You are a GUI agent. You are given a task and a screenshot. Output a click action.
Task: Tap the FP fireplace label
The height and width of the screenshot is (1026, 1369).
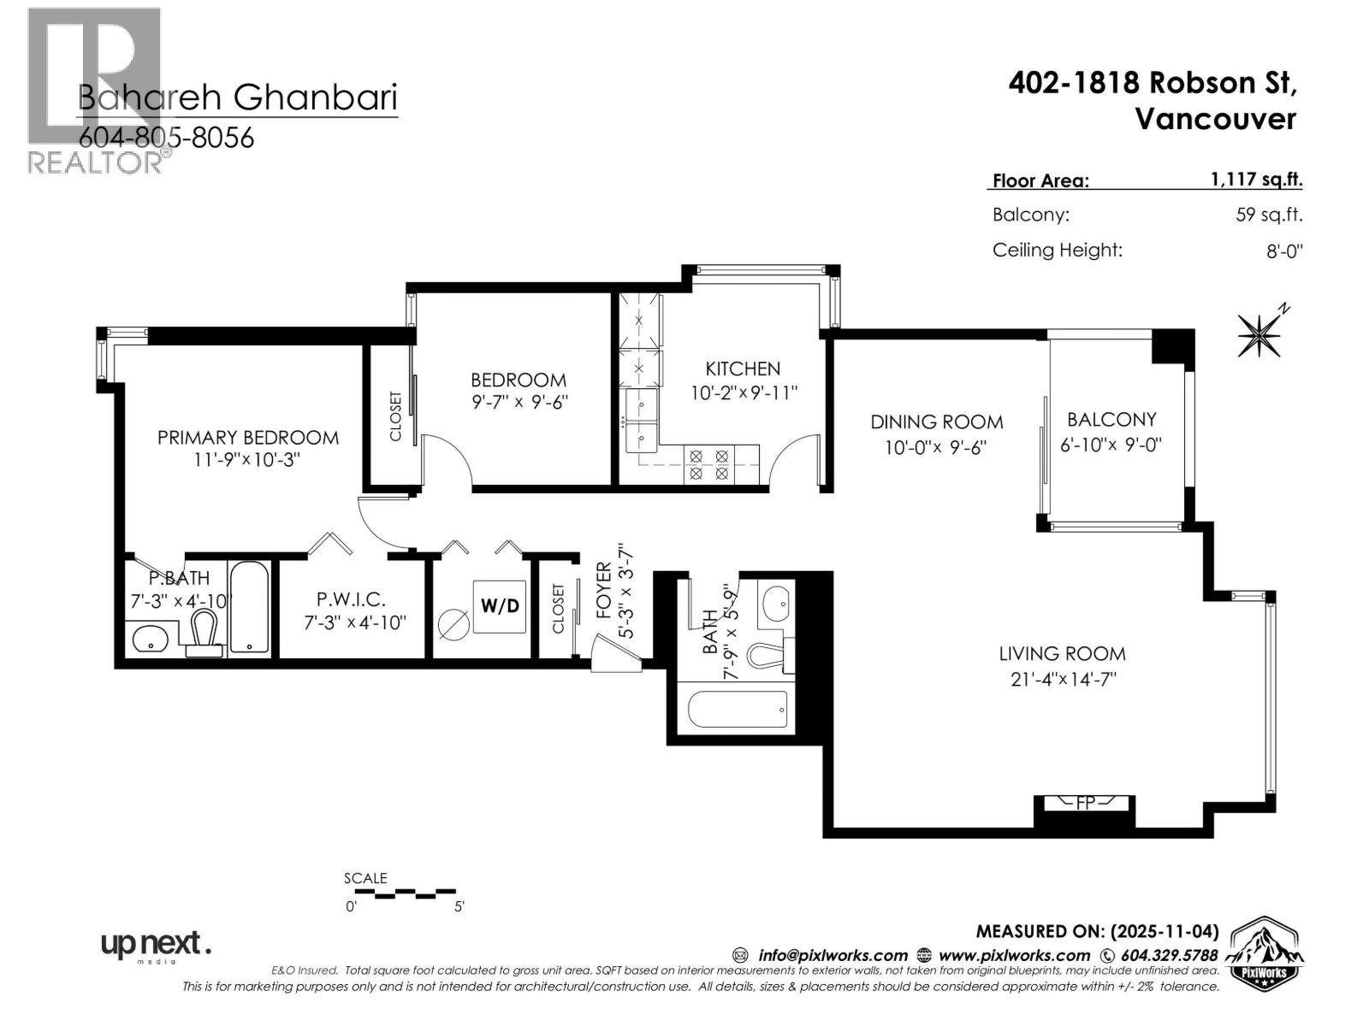coord(1085,803)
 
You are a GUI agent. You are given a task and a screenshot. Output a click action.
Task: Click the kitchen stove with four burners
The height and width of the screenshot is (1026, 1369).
coord(709,464)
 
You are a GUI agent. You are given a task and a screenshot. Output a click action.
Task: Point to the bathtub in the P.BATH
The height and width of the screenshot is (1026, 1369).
coord(250,607)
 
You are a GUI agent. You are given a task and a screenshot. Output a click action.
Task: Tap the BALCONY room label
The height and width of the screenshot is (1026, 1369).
coord(1111,419)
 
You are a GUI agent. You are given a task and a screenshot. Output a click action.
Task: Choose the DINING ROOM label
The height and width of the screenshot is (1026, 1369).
coord(937,422)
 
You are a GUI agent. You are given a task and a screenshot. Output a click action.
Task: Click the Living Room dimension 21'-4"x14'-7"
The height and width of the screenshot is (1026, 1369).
coord(1062,680)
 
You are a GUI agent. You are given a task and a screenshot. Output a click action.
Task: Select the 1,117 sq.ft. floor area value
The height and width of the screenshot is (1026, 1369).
coord(1256,180)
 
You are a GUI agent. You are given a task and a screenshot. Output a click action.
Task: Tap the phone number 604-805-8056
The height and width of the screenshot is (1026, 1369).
coord(166,138)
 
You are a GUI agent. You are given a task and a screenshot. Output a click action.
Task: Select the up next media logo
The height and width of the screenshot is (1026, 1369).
coord(156,945)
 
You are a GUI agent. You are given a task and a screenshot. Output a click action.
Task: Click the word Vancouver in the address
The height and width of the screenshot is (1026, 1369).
coord(1215,119)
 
